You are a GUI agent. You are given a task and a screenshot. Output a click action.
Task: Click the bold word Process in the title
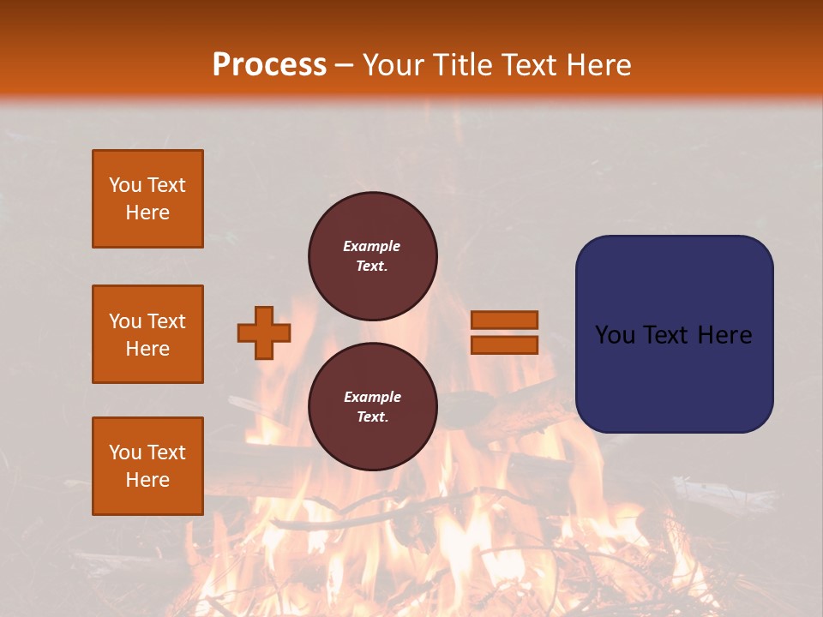[269, 64]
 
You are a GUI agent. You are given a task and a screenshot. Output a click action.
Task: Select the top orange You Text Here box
[147, 199]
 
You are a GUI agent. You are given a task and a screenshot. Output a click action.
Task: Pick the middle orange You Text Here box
[147, 334]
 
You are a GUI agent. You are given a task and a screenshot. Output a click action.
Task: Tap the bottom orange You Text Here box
[147, 466]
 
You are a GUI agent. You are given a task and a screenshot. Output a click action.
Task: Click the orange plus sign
[264, 332]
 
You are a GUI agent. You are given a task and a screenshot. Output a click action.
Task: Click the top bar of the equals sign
[505, 320]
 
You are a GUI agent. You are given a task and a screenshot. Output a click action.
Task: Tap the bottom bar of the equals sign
[505, 345]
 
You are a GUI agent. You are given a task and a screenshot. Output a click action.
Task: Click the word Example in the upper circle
[371, 246]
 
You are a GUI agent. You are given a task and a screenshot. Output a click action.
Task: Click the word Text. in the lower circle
[371, 417]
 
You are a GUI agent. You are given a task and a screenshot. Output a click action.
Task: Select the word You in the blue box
[614, 335]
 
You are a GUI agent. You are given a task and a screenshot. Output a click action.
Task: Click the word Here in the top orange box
[147, 213]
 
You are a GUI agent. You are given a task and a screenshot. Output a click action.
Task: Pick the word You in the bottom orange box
[125, 452]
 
